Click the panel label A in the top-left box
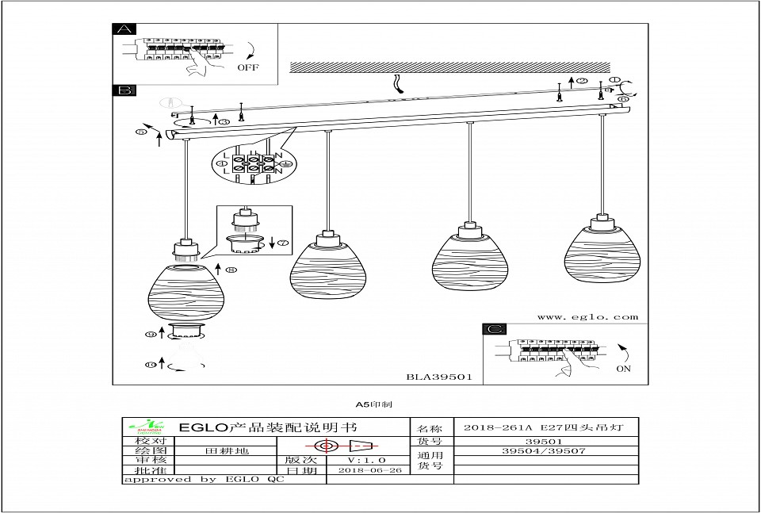pyautogui.click(x=124, y=31)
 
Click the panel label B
pyautogui.click(x=124, y=92)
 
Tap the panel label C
pyautogui.click(x=495, y=329)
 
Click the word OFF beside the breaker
pyautogui.click(x=248, y=68)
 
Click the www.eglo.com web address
pyautogui.click(x=587, y=317)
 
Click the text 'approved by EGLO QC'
pyautogui.click(x=202, y=479)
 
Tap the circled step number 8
pyautogui.click(x=231, y=270)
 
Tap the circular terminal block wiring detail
pyautogui.click(x=251, y=163)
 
